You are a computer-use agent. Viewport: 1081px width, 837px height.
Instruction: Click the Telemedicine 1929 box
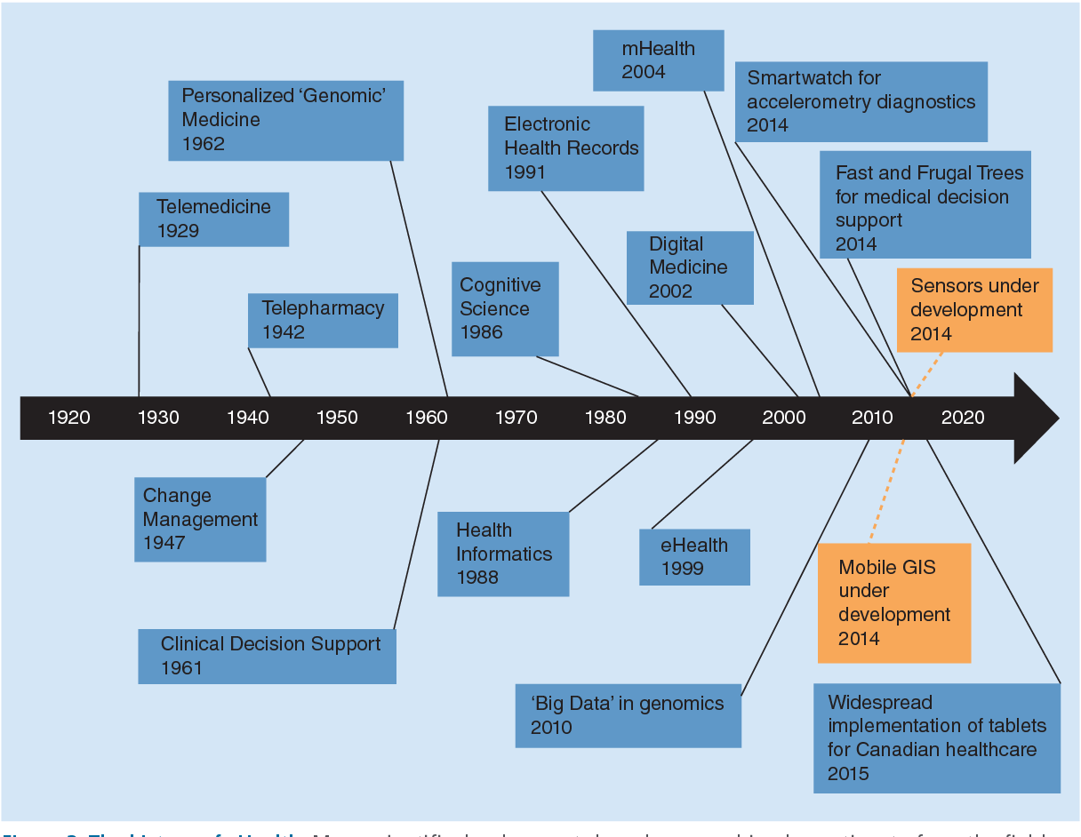pos(213,219)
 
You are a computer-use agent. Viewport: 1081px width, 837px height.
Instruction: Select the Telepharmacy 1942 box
pos(323,320)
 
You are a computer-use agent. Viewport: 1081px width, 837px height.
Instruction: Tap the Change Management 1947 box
pos(200,519)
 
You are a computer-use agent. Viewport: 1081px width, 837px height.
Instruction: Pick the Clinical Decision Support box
pos(267,656)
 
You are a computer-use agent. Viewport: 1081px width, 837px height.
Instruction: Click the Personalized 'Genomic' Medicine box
pos(285,120)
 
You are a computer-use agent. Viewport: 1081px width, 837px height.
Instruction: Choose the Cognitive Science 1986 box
pos(505,308)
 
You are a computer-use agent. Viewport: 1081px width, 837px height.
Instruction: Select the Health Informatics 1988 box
pos(503,554)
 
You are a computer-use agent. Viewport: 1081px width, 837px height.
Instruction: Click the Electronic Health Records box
pos(565,147)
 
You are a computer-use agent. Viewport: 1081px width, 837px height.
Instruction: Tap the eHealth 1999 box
pos(694,557)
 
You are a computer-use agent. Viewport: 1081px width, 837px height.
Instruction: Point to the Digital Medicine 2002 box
pos(689,267)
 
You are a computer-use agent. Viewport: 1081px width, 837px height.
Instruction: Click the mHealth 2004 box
pos(658,60)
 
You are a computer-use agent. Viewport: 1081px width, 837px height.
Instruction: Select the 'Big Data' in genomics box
pos(628,715)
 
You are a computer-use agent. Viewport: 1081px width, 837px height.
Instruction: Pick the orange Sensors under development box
pos(975,309)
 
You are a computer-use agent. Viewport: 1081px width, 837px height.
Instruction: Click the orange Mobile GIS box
pos(893,602)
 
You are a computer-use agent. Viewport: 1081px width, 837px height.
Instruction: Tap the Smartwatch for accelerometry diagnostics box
pos(861,101)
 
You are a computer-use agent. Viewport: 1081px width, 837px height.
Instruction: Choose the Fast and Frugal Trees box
pos(925,204)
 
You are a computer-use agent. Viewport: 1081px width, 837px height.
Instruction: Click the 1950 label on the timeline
pos(337,418)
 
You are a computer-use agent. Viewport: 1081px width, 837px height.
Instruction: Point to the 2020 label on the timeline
pos(963,418)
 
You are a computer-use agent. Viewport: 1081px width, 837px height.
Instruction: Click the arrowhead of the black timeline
pos(1036,418)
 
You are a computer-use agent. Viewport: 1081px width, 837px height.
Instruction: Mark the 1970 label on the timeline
pos(516,418)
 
